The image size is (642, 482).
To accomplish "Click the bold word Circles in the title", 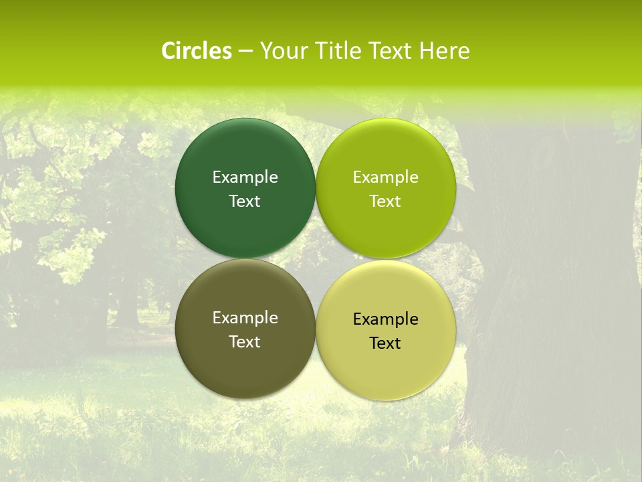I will coord(197,51).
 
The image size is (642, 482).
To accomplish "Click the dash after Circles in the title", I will coord(245,52).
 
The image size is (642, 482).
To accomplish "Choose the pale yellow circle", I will coord(385,368).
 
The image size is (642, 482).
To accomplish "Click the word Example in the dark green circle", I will coord(245,177).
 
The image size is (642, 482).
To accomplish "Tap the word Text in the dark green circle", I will coord(245,202).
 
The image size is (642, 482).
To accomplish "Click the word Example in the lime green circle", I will coord(385,177).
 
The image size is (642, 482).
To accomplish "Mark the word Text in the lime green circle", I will coord(385,202).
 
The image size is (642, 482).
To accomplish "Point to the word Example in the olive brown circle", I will coord(245,318).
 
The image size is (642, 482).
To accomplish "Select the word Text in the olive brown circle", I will coord(245,342).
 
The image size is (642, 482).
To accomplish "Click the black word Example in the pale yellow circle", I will coord(385,319).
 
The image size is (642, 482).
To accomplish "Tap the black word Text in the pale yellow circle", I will coord(385,343).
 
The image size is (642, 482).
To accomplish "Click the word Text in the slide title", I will coord(391,51).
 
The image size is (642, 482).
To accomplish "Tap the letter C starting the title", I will coord(169,51).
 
